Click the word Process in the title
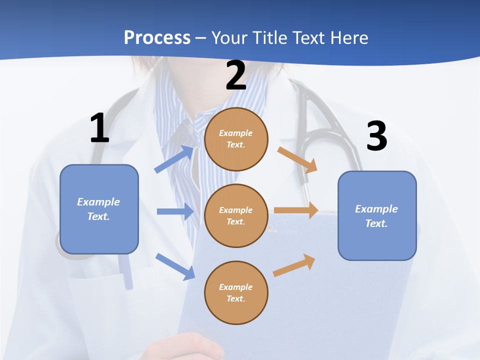(x=157, y=38)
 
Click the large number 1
(x=99, y=128)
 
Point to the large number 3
(x=376, y=136)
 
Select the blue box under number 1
(x=99, y=209)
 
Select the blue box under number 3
(x=377, y=215)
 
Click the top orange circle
(x=236, y=139)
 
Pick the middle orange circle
(x=236, y=215)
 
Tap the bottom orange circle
(x=236, y=292)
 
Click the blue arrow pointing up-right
(x=174, y=159)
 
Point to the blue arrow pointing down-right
(x=175, y=266)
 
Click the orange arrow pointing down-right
(x=297, y=160)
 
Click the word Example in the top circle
(x=236, y=133)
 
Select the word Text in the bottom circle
(x=235, y=298)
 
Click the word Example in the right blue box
(x=376, y=209)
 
